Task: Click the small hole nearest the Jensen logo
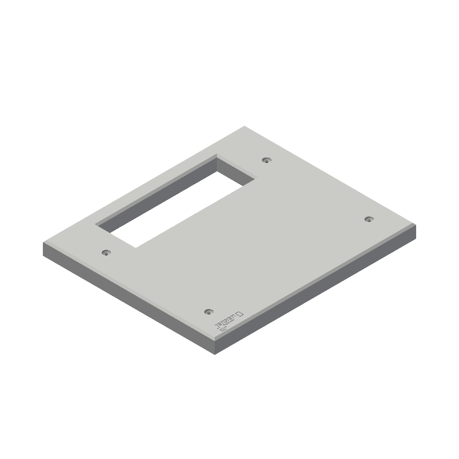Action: tap(208, 311)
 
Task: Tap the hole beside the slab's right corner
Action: tap(368, 219)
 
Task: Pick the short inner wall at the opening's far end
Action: tap(235, 170)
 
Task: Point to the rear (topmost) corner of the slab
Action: tap(244, 126)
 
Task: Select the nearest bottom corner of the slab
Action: tap(215, 354)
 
